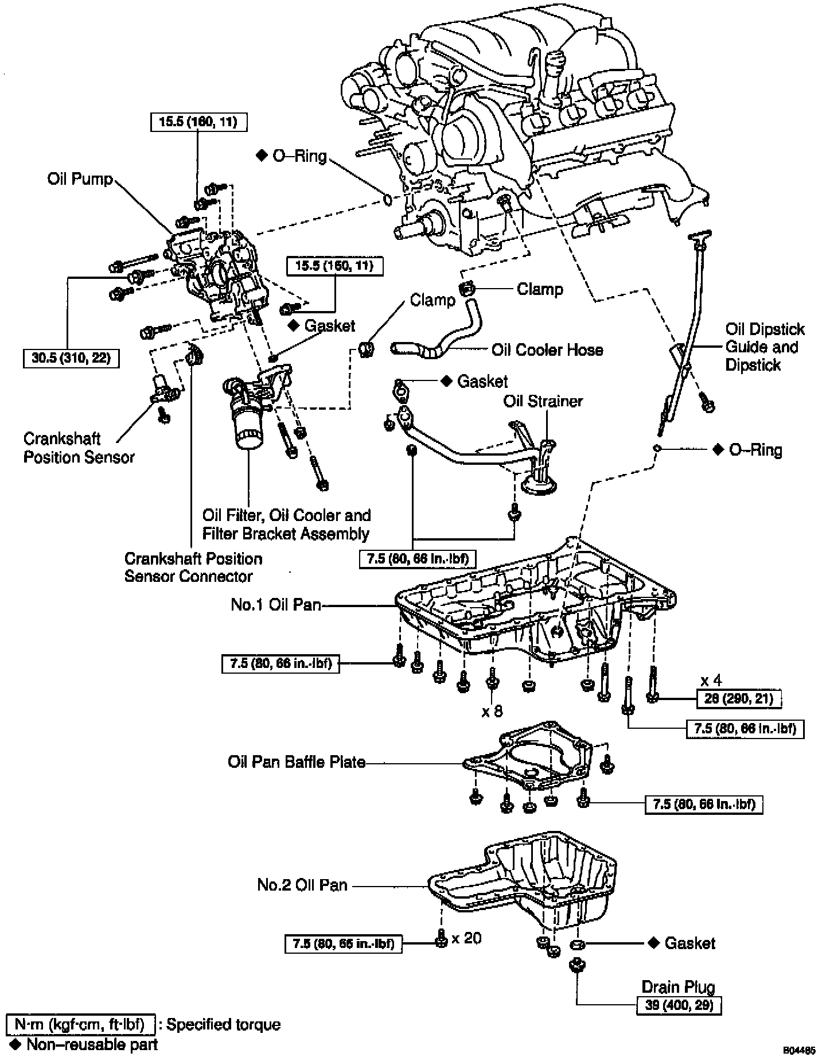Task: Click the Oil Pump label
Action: click(x=80, y=179)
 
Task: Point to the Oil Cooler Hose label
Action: click(x=547, y=349)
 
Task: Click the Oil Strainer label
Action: click(x=543, y=401)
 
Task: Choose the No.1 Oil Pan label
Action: click(x=275, y=604)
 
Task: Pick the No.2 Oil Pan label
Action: click(x=302, y=884)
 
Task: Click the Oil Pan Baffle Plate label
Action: click(x=297, y=762)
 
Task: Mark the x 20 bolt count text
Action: click(x=466, y=938)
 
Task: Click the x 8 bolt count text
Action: click(x=492, y=712)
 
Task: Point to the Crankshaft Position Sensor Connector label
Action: click(x=193, y=567)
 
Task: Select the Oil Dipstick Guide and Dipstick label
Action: click(x=765, y=347)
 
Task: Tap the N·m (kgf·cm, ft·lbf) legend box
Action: click(x=81, y=1025)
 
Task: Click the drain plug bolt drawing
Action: click(x=575, y=965)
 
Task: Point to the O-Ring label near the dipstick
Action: click(x=755, y=449)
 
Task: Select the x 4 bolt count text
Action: click(x=711, y=681)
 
